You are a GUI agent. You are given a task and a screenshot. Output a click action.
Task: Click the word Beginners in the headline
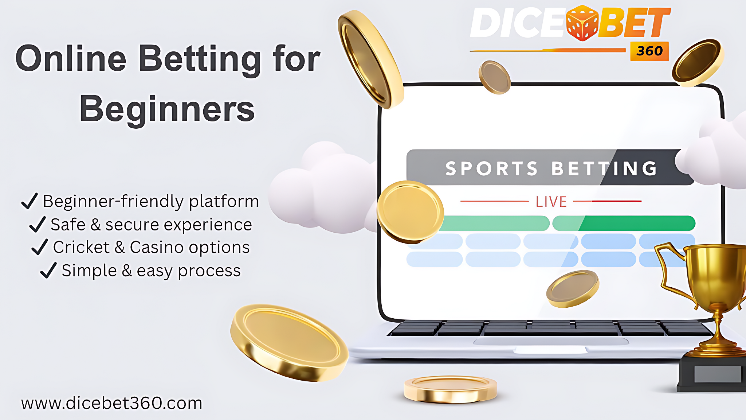point(167,109)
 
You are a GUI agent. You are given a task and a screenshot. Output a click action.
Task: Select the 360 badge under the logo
point(649,51)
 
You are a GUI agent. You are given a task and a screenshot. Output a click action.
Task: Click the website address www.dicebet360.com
point(111,403)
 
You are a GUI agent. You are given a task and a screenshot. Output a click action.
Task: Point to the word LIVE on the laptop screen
point(551,202)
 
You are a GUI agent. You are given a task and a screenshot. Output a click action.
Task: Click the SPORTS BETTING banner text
point(551,168)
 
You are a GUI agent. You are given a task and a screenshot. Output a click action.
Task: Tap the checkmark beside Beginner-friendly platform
point(30,201)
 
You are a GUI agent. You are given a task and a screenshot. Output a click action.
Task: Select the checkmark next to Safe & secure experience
point(37,224)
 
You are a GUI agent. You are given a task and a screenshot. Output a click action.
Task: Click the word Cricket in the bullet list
point(81,247)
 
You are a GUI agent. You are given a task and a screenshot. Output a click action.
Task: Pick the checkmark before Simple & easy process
point(48,271)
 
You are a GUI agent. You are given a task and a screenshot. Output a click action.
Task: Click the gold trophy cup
point(714,277)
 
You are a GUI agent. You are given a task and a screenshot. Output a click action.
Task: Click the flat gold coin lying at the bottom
point(450,389)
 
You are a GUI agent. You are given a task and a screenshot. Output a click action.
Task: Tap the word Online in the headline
point(71,58)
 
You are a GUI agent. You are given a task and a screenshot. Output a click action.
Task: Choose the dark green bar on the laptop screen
point(637,223)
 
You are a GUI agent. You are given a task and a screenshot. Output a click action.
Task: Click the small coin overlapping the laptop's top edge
point(494,77)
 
